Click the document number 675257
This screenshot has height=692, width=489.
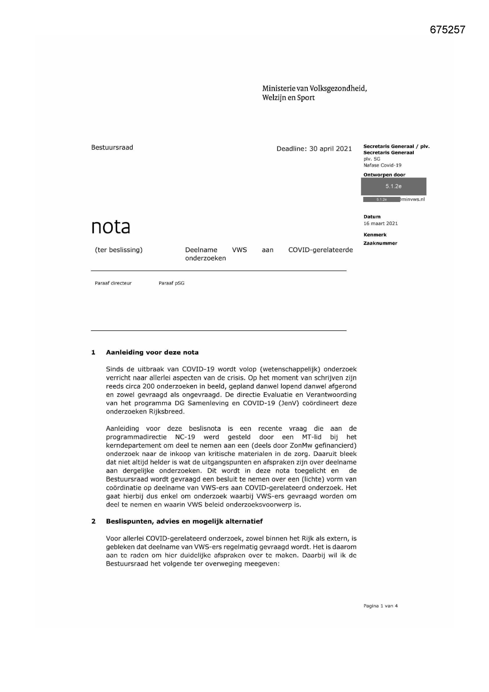point(447,30)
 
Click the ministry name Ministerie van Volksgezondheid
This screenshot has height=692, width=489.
point(314,88)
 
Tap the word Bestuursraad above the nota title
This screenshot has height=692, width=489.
point(112,148)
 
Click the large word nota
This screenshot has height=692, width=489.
point(111,227)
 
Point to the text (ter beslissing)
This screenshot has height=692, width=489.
point(119,250)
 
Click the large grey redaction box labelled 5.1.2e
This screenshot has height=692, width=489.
point(393,186)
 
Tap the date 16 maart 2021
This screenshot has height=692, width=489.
point(380,223)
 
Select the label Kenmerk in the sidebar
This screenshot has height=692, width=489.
point(375,235)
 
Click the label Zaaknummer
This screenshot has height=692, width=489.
point(380,243)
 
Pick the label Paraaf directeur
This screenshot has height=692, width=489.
point(113,283)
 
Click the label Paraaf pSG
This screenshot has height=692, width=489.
point(171,283)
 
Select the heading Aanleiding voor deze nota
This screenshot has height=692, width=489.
point(152,352)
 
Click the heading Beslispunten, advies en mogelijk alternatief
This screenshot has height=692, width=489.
point(184,521)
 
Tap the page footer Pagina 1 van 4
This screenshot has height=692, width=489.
point(380,606)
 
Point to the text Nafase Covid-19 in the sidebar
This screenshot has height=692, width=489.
point(382,165)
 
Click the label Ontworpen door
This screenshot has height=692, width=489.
point(384,175)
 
